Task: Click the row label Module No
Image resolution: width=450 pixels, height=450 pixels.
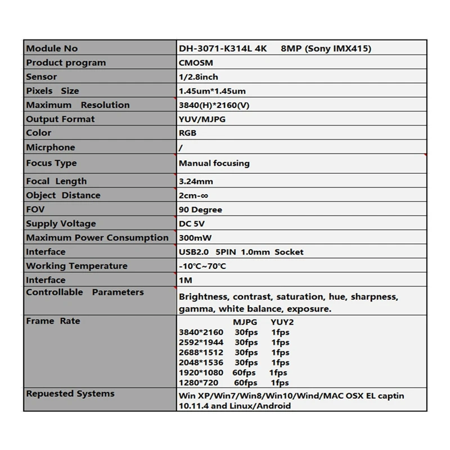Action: pyautogui.click(x=52, y=48)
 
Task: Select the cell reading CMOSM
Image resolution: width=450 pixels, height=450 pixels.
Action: pyautogui.click(x=196, y=63)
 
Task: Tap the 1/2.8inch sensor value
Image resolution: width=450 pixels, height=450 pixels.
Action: pyautogui.click(x=198, y=77)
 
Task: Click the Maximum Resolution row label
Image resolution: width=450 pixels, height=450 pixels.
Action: pyautogui.click(x=78, y=105)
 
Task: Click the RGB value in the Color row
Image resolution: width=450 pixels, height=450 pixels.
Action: pyautogui.click(x=187, y=133)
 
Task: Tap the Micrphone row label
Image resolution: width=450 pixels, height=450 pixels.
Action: pyautogui.click(x=50, y=147)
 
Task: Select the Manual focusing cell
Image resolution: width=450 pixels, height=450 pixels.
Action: pyautogui.click(x=214, y=164)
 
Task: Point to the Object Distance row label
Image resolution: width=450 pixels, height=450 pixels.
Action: pyautogui.click(x=63, y=195)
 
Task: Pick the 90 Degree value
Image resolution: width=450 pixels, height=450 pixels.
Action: pyautogui.click(x=200, y=210)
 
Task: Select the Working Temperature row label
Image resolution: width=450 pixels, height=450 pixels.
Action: pyautogui.click(x=76, y=266)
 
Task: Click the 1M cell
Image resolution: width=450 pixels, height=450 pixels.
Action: pyautogui.click(x=185, y=280)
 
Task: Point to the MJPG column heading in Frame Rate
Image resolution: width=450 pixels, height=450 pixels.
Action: pyautogui.click(x=245, y=323)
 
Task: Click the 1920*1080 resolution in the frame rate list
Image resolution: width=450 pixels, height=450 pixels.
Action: pyautogui.click(x=201, y=373)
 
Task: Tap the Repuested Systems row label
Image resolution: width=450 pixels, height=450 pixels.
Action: pyautogui.click(x=70, y=394)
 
